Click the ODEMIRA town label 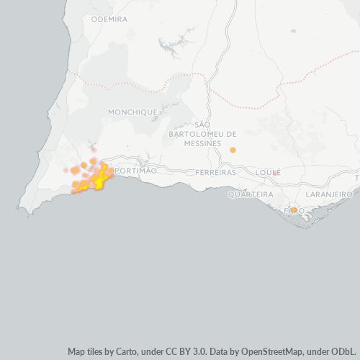[x=110, y=19]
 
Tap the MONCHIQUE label [x=132, y=112]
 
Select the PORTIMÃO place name [x=136, y=170]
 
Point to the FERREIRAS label [x=216, y=173]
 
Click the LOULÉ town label [x=267, y=173]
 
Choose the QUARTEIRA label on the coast [x=250, y=194]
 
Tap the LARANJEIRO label [x=328, y=194]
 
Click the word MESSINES [x=202, y=144]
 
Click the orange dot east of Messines [x=233, y=150]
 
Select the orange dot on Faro [x=294, y=210]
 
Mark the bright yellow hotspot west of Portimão [x=99, y=182]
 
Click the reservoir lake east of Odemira [x=171, y=49]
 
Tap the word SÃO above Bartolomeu [x=202, y=125]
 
